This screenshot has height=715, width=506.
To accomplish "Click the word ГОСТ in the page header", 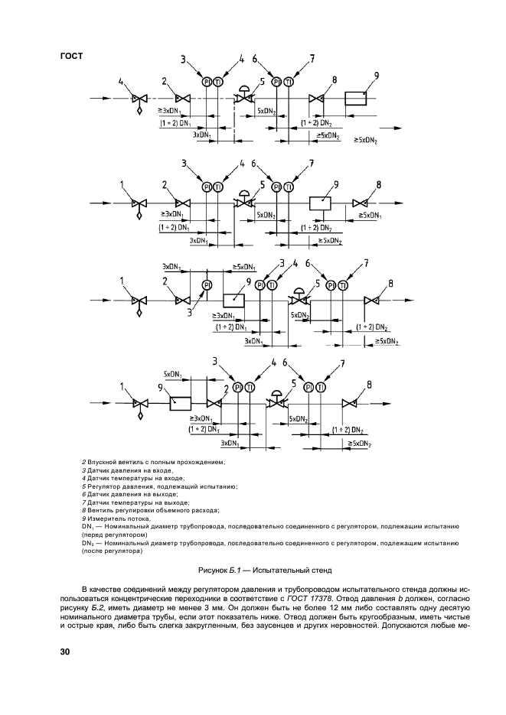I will pyautogui.click(x=70, y=56).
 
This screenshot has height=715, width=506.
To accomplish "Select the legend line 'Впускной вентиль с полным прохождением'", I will pyautogui.click(x=153, y=463).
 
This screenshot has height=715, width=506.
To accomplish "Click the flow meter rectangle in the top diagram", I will pyautogui.click(x=355, y=99).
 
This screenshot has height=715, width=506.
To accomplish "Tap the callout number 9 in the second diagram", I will pyautogui.click(x=335, y=184).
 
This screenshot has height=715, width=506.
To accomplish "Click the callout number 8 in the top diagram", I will pyautogui.click(x=334, y=80).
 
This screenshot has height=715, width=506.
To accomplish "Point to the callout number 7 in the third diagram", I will pyautogui.click(x=366, y=264).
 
